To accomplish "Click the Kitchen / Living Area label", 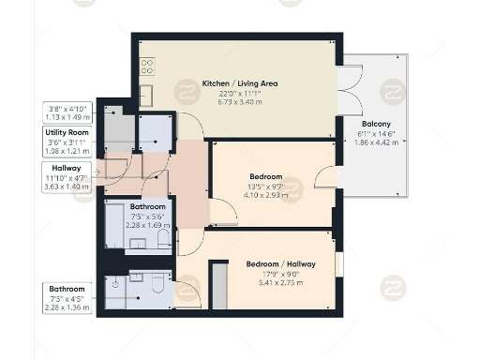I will tap(240, 83).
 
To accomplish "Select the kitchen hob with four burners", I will tap(147, 67).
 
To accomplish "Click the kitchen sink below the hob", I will tap(147, 95).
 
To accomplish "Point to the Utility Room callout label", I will tap(67, 134).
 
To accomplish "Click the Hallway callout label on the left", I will tap(66, 168).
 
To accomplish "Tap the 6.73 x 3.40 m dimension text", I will tap(240, 101).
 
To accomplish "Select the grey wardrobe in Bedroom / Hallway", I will tap(218, 285).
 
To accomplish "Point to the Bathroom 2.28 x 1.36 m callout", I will tap(67, 298).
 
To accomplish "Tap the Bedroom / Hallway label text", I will tap(281, 264).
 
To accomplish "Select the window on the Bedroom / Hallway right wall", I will tap(340, 263).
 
